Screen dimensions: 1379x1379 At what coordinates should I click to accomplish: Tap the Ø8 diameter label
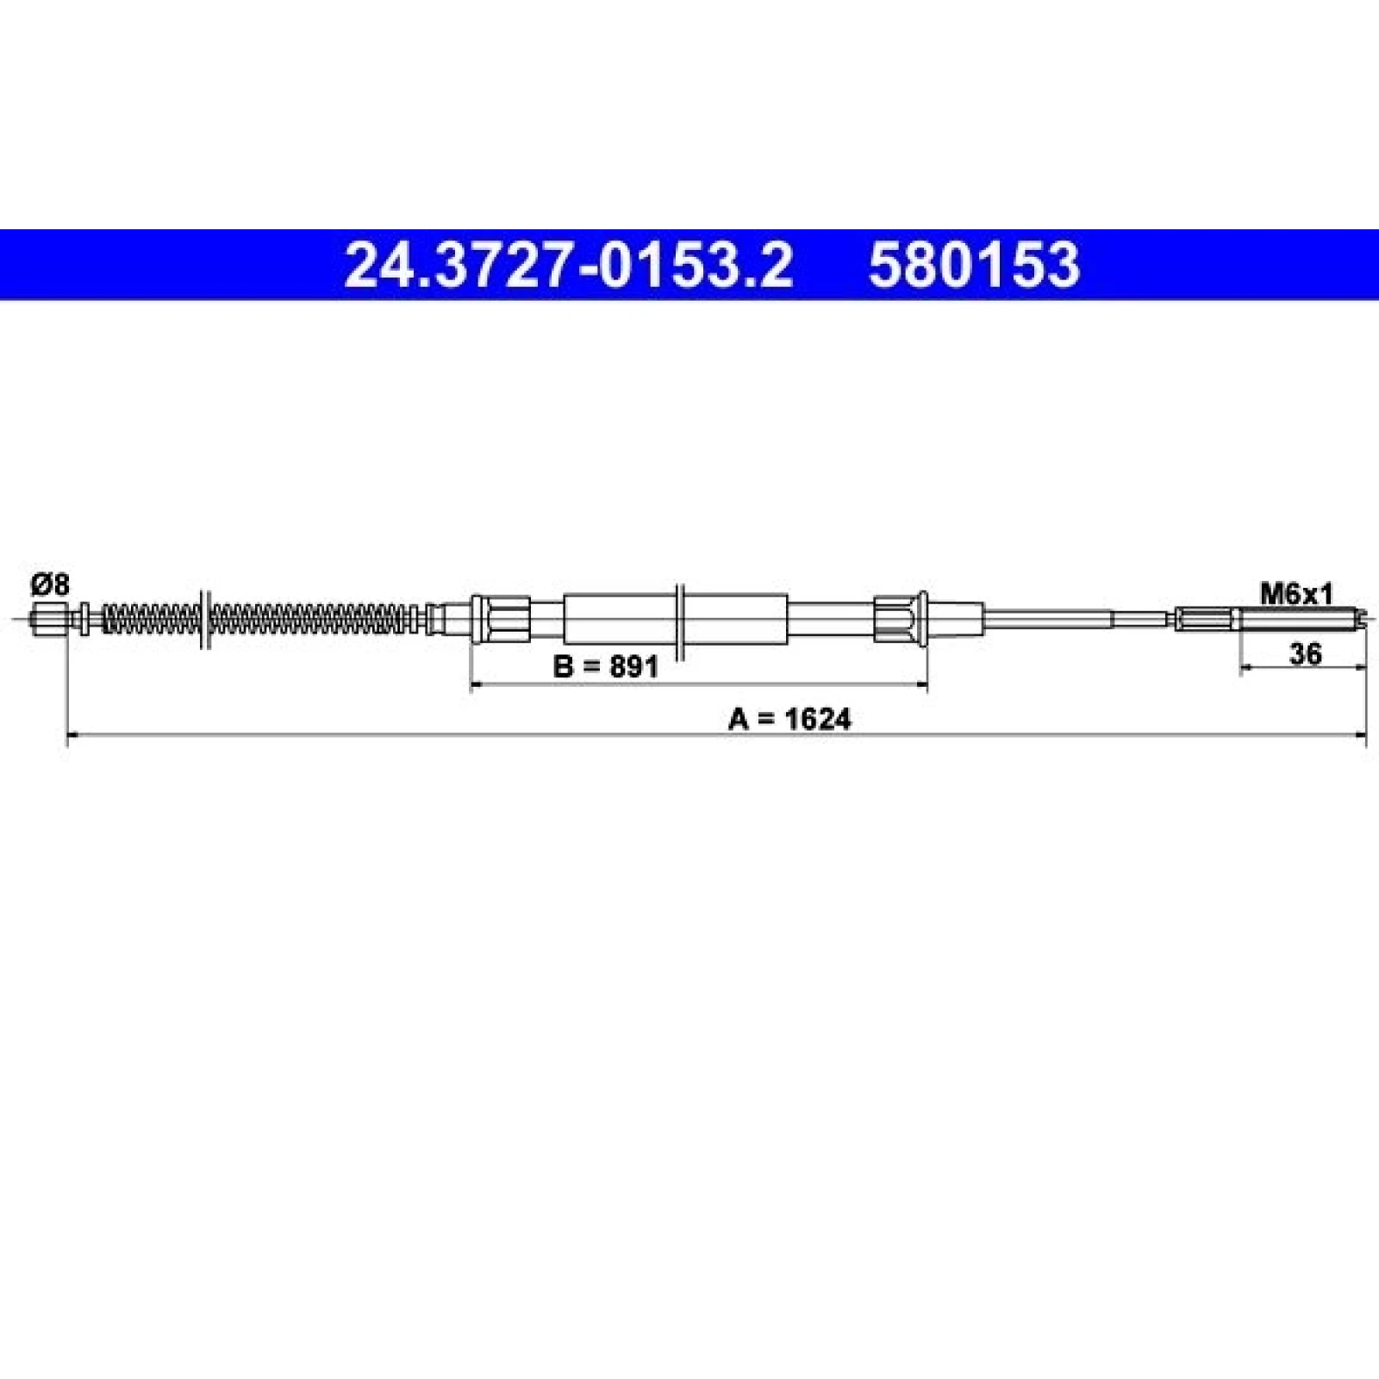click(50, 585)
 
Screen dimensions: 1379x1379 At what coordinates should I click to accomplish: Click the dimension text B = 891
click(605, 666)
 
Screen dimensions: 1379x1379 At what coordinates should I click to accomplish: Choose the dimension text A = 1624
click(789, 719)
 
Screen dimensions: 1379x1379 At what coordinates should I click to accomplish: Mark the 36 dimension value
click(1306, 654)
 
